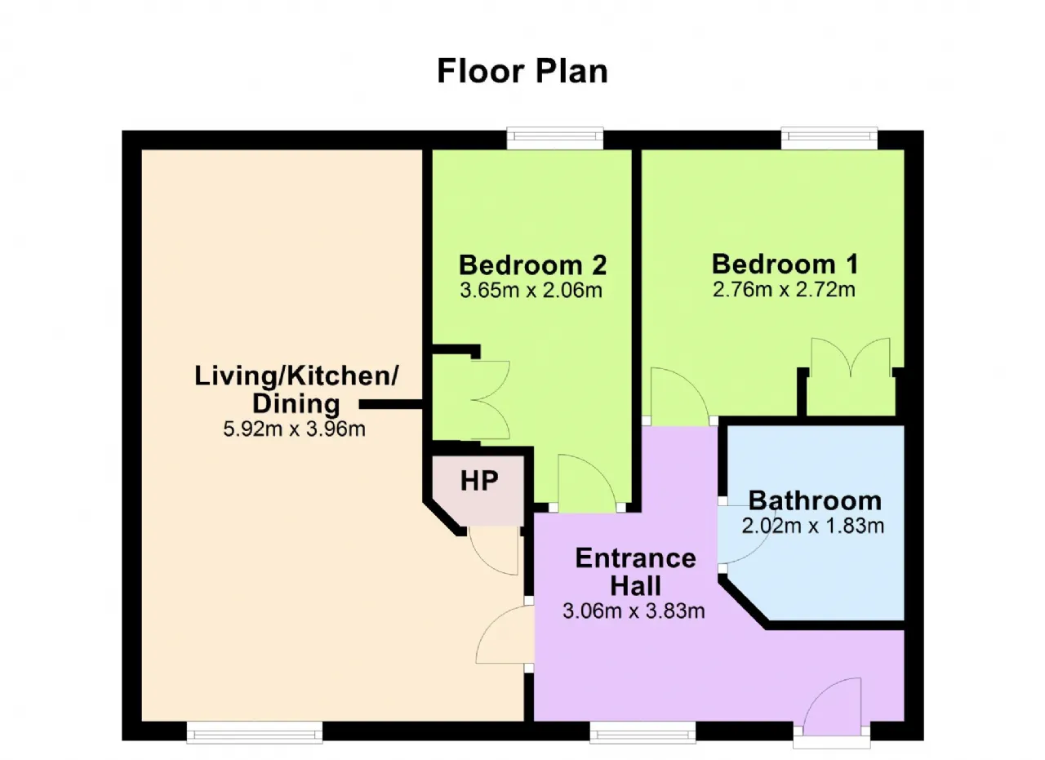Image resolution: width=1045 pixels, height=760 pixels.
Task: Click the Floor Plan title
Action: coord(522,71)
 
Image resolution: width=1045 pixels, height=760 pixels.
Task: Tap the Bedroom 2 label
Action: coord(533,265)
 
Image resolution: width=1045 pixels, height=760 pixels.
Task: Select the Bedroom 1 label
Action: coord(785,264)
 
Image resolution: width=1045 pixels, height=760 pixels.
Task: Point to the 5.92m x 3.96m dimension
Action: coord(294,429)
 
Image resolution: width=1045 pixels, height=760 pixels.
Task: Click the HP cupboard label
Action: coord(479,481)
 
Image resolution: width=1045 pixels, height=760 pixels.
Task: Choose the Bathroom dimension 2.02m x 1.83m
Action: coord(812,526)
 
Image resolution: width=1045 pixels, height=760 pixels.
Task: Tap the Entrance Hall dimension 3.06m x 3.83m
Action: coord(634,611)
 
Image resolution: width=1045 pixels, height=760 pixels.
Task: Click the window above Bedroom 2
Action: coord(555,139)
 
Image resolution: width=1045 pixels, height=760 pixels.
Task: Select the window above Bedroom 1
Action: coord(829,139)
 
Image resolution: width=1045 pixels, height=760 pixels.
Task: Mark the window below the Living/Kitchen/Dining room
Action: coord(255,732)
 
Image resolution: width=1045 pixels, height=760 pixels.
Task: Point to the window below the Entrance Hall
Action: coord(643,732)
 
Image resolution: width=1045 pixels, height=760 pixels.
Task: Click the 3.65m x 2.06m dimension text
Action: coord(531,290)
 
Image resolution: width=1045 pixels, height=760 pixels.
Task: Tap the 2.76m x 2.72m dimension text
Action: coord(784,290)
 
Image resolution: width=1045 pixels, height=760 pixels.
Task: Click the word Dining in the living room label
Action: coord(296,403)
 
